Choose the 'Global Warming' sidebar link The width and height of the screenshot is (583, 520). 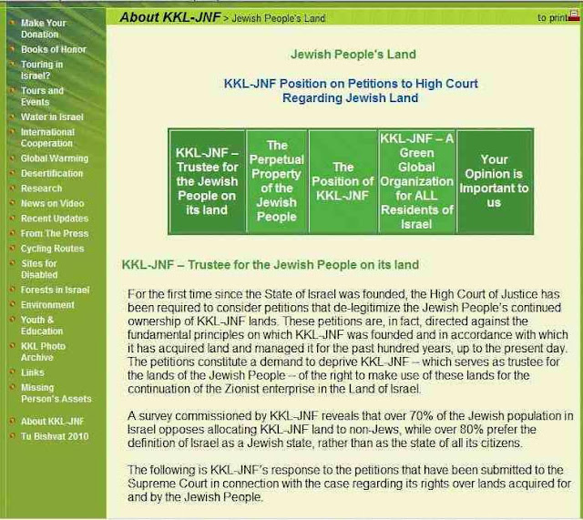tap(55, 158)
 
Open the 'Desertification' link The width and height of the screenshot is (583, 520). tap(52, 173)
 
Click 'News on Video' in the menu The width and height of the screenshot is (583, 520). tap(53, 203)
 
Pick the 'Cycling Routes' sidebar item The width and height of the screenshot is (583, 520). tap(52, 249)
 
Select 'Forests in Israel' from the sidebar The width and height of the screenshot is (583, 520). tap(55, 290)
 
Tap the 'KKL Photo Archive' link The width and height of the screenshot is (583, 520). tap(43, 352)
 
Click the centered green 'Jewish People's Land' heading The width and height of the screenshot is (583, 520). tap(351, 55)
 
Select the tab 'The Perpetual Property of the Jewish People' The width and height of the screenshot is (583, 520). tap(277, 180)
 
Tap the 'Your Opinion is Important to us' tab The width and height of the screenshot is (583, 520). tap(494, 181)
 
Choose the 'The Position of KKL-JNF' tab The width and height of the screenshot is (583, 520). tap(343, 181)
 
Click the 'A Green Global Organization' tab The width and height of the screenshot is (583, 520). tap(416, 180)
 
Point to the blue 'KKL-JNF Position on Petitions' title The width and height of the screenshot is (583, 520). tap(351, 90)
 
